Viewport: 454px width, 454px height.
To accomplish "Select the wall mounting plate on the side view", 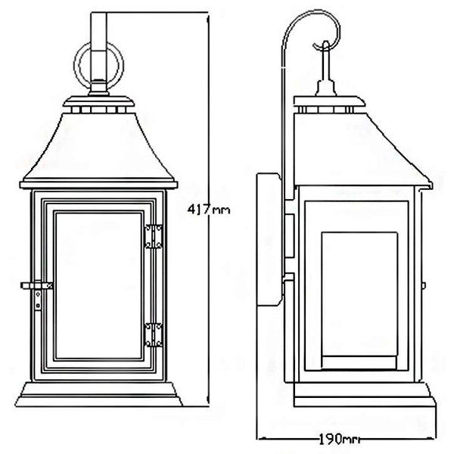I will click(267, 240).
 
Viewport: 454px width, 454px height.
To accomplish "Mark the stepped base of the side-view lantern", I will click(361, 395).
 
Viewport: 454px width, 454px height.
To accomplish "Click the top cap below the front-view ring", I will click(99, 103).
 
